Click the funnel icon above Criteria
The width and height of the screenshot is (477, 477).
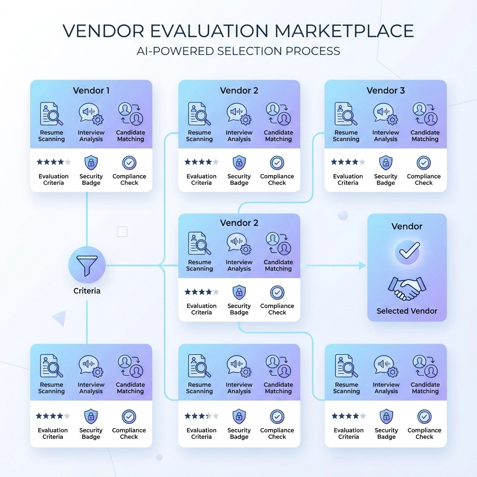click(87, 266)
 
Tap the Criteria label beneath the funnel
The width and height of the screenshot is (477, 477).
click(87, 291)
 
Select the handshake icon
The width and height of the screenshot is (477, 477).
click(407, 288)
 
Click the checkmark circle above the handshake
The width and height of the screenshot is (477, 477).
click(407, 252)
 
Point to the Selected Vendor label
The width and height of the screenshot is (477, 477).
click(407, 311)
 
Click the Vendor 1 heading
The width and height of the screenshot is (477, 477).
click(91, 90)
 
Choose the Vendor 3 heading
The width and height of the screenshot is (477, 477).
click(386, 90)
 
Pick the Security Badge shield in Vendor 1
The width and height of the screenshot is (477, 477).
click(91, 163)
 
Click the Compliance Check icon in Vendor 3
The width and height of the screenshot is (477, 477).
click(424, 163)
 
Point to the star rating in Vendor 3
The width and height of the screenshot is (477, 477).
click(348, 162)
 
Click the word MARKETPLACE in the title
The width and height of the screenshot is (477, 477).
click(344, 30)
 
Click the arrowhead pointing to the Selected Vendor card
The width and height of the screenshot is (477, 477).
click(362, 266)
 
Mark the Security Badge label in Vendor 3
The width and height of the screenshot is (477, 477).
click(386, 179)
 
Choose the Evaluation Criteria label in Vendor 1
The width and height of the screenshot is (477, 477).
click(54, 179)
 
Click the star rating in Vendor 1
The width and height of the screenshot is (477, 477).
click(54, 162)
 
